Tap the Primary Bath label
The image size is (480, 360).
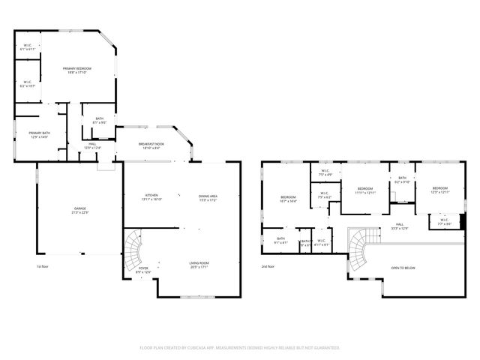point(39,134)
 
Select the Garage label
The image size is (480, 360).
point(79,209)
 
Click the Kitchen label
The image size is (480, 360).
point(152,197)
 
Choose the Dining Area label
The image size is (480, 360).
point(208,197)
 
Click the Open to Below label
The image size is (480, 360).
point(403,268)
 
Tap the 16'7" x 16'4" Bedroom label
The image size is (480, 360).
point(289,199)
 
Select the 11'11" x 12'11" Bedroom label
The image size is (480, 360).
point(365,190)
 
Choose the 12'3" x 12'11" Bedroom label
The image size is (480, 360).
point(439,190)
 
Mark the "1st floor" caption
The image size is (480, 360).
point(42,266)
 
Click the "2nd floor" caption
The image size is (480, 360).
point(268,266)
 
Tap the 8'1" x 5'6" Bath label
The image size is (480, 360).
point(98,121)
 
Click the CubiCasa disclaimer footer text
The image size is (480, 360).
point(240,348)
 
